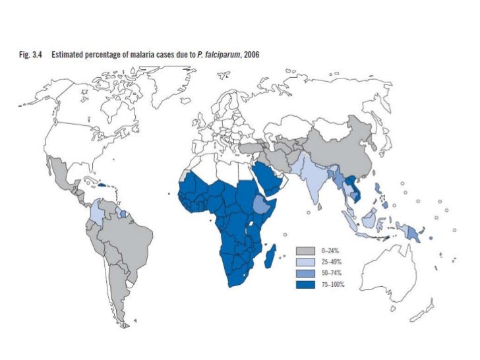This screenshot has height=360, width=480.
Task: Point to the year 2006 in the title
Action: [x=252, y=55]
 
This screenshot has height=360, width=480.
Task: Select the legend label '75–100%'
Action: [x=333, y=284]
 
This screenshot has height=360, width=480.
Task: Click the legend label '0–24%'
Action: [x=330, y=251]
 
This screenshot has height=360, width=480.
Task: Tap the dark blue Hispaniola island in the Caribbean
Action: [x=103, y=185]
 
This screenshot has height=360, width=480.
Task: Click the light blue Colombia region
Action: [x=98, y=213]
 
